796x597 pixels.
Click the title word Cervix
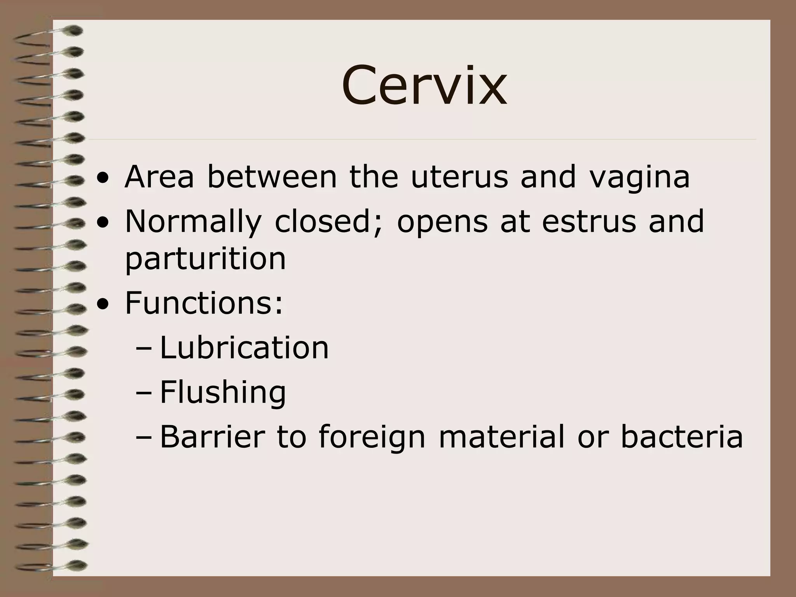424,86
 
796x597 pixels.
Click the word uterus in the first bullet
459,177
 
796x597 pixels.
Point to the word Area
159,177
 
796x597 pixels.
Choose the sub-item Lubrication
244,347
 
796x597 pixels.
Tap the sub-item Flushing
223,393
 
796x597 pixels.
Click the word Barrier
212,437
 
